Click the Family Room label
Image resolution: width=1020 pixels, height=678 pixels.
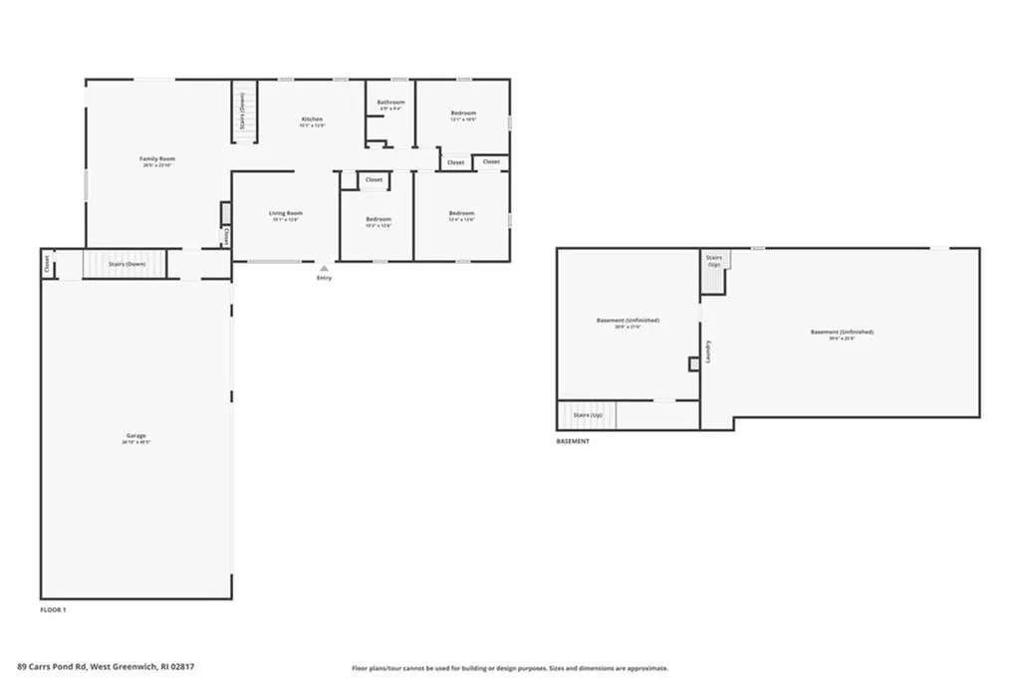coord(157,159)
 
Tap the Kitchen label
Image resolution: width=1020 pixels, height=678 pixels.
coord(312,119)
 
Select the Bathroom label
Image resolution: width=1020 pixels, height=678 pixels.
coord(390,103)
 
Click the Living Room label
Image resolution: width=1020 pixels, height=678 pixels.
coord(286,213)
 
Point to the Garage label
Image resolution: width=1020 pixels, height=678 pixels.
coord(135,435)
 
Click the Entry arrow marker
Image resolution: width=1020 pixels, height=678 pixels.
coord(324,268)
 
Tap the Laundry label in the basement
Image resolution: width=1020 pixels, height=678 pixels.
coord(708,350)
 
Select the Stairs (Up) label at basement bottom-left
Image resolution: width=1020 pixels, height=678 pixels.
coord(588,414)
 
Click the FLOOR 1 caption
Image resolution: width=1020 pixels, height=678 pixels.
coord(53,608)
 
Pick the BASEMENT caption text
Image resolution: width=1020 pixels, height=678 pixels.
coord(573,440)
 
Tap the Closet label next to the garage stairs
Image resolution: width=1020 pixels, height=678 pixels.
coord(47,264)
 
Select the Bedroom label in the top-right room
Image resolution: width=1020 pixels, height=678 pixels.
coord(463,113)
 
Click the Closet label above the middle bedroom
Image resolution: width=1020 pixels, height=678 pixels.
coord(374,180)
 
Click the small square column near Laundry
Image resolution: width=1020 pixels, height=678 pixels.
coord(693,364)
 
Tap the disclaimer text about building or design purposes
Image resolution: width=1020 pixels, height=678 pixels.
coord(509,668)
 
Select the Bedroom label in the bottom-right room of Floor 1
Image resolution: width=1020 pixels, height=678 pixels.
coord(461,213)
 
